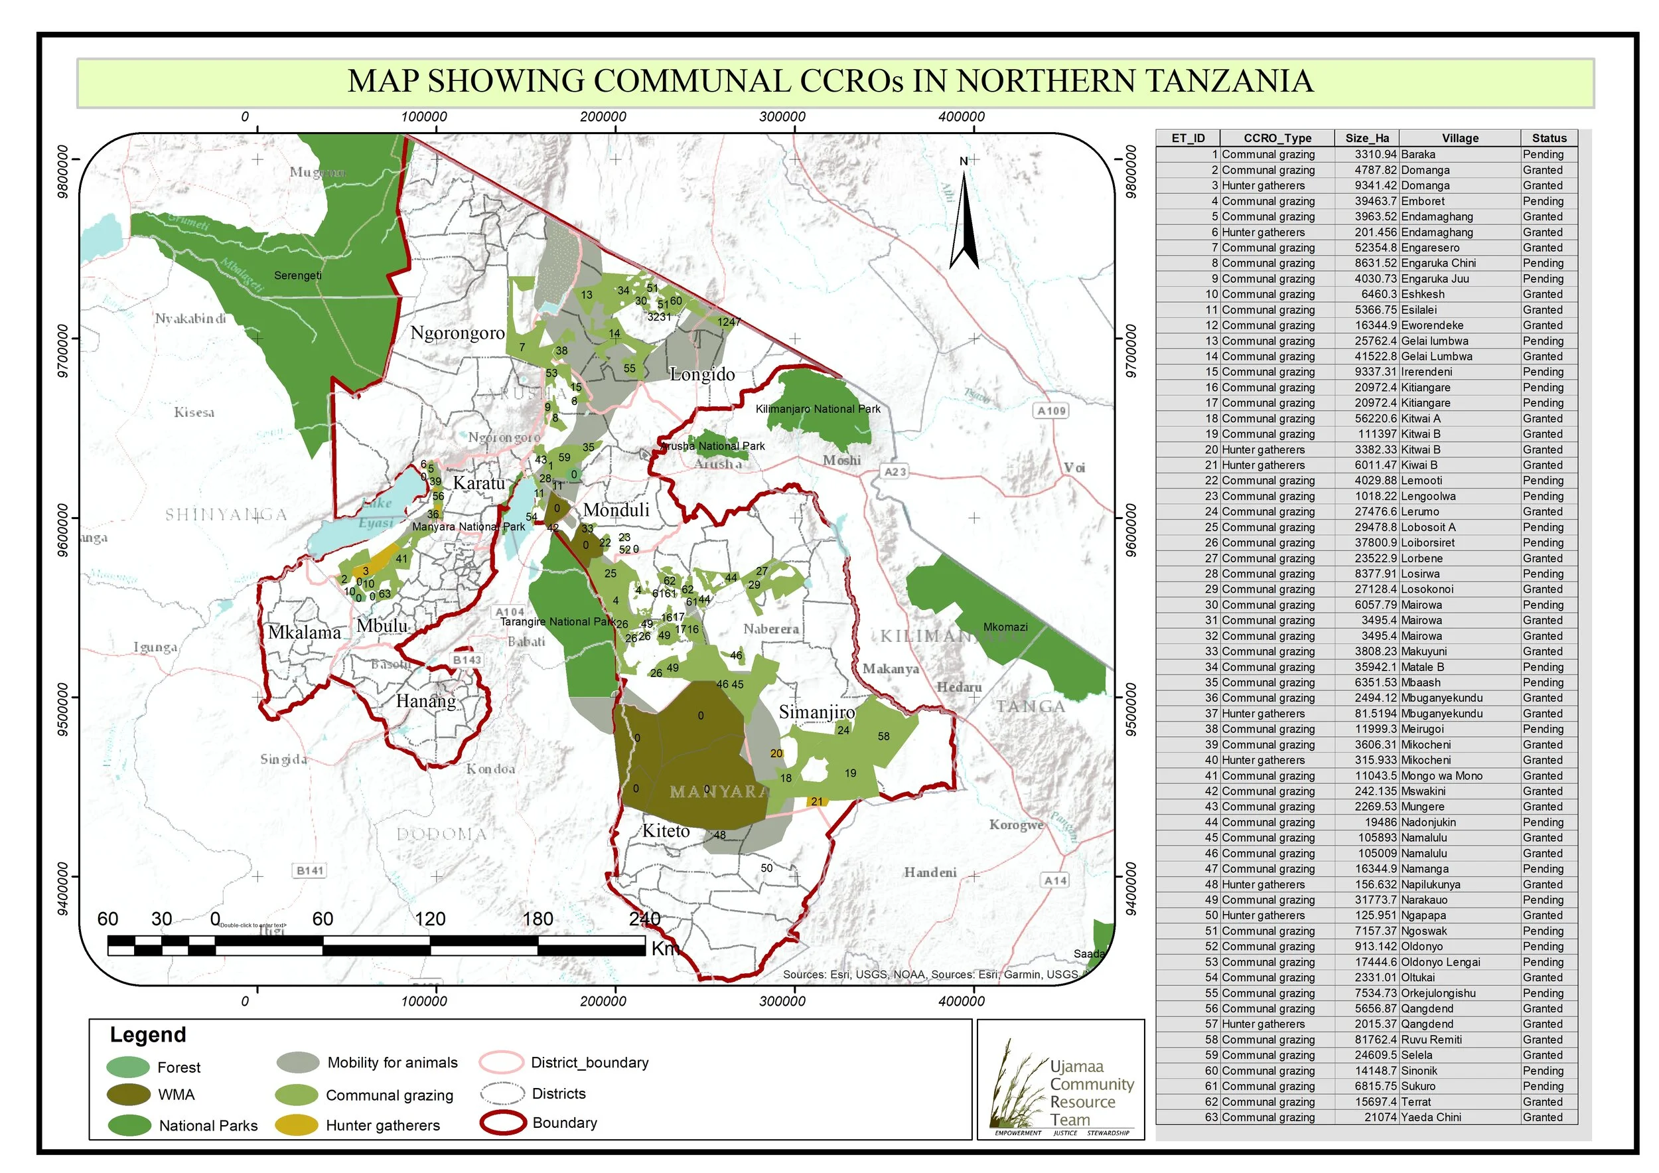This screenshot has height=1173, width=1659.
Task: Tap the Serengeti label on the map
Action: [x=298, y=275]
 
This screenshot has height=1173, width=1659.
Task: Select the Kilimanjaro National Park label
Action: [x=818, y=409]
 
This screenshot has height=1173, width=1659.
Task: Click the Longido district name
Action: [x=701, y=374]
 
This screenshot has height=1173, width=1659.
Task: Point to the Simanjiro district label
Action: [x=816, y=712]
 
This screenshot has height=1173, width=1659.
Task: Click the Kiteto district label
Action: [x=666, y=831]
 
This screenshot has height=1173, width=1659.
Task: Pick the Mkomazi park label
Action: [x=1005, y=627]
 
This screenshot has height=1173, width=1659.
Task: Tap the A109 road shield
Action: [x=1051, y=410]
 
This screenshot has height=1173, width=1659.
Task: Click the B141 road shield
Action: [x=310, y=870]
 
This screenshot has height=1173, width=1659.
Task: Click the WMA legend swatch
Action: [x=129, y=1095]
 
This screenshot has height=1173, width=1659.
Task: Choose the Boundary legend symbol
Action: [x=502, y=1123]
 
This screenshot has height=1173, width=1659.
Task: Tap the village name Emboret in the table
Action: [x=1422, y=202]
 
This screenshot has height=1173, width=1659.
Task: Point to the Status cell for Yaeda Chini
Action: [x=1543, y=1117]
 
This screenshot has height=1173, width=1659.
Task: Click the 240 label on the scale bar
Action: [x=644, y=919]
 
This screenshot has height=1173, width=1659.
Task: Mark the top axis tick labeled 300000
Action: [x=782, y=116]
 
